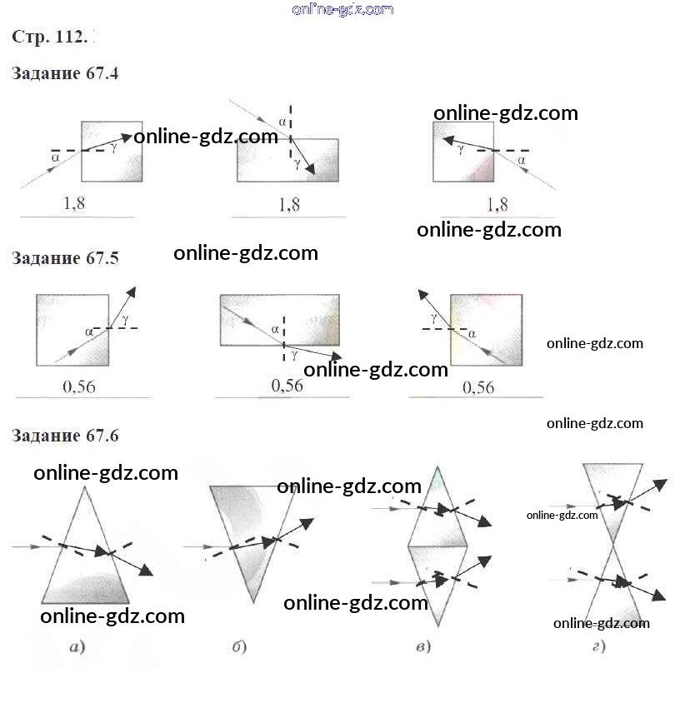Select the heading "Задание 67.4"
click(65, 73)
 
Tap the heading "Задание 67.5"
click(65, 258)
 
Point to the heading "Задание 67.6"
click(65, 436)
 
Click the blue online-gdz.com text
click(342, 9)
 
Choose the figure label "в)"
click(422, 647)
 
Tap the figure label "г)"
click(597, 647)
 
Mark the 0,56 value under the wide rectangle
click(287, 386)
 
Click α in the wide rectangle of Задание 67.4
click(282, 122)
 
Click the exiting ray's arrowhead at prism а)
click(147, 571)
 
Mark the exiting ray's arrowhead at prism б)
click(307, 523)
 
